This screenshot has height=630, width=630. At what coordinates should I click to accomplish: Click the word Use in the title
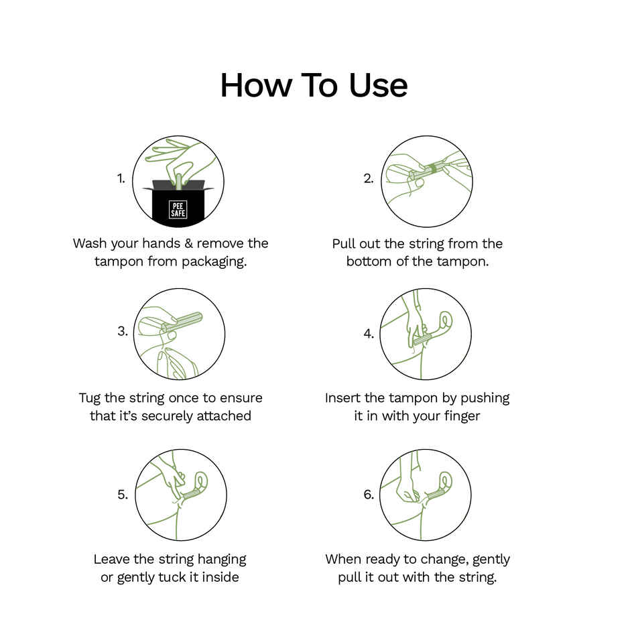pos(379,85)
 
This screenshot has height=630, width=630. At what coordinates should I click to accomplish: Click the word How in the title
pos(256,85)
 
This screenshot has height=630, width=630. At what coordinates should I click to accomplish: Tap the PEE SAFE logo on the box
pos(178,209)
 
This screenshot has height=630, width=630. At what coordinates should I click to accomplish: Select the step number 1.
pos(121,178)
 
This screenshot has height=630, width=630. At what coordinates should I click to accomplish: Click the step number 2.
pos(369,178)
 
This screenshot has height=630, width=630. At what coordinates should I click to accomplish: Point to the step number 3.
pos(123,331)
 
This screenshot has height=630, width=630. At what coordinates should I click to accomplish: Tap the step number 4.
pos(369,334)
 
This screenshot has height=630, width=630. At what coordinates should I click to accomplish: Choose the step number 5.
pos(123,494)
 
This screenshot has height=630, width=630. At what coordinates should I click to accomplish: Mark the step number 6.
pos(369,494)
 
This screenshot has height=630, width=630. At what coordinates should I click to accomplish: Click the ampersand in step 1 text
pos(188,243)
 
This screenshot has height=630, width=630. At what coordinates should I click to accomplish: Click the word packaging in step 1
pos(214,262)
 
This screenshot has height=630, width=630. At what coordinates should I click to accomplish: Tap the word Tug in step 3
pos(90,399)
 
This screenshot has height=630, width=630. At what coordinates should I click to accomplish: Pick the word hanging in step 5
pos(222,560)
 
